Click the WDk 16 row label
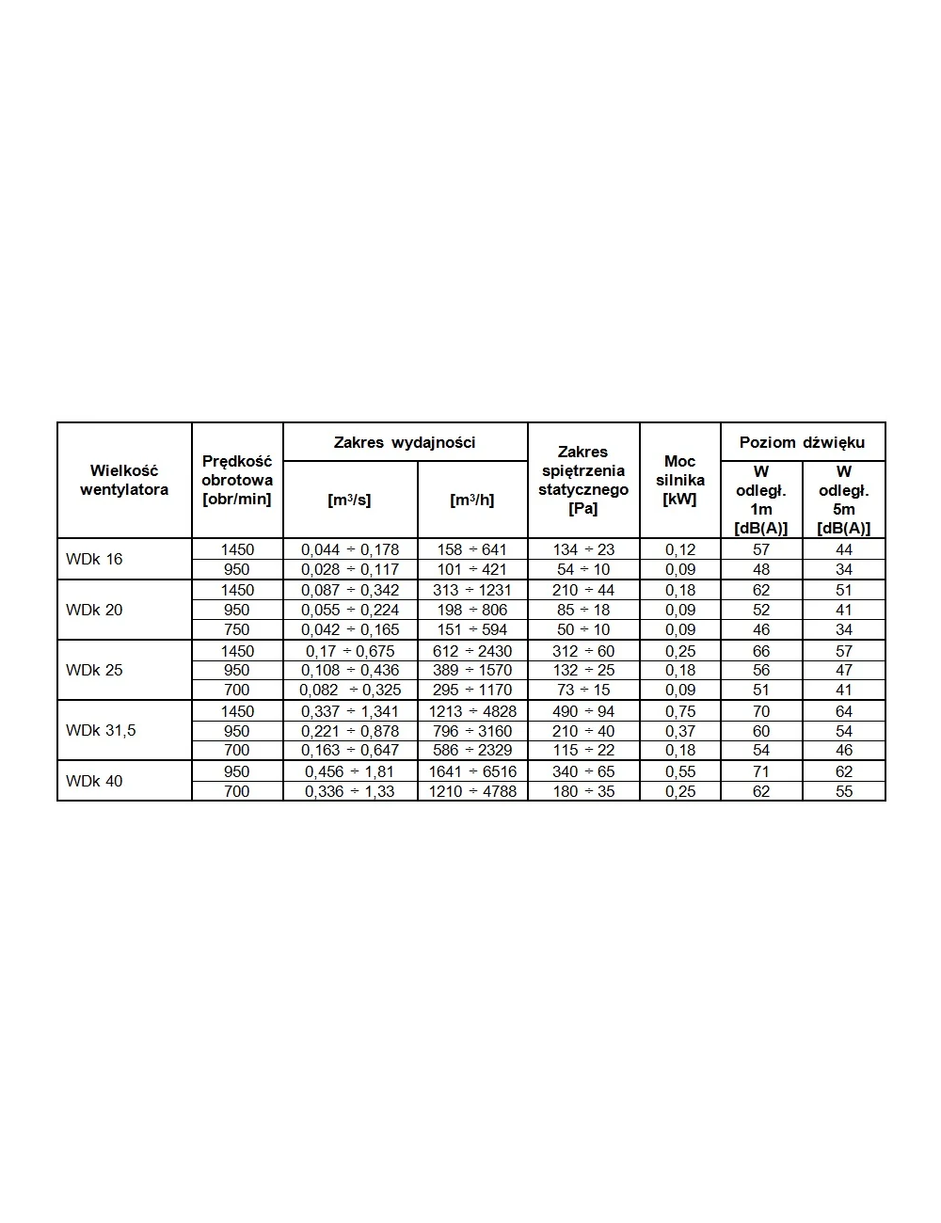(x=94, y=559)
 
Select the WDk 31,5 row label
(x=101, y=730)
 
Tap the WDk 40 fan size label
(x=94, y=781)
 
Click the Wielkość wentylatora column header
(x=124, y=480)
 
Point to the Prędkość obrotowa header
(x=237, y=480)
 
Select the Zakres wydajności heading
(x=405, y=442)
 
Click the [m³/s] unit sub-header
(x=349, y=500)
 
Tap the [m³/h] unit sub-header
(x=472, y=500)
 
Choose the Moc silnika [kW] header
(x=679, y=480)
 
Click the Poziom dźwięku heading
(x=802, y=442)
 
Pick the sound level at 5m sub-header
(x=844, y=500)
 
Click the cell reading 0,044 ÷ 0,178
(x=350, y=549)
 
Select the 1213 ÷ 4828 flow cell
(x=472, y=711)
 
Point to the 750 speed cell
(x=237, y=629)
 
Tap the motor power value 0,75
(x=680, y=711)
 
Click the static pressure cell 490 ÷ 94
(x=583, y=711)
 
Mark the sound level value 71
(x=761, y=771)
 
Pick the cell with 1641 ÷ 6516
(x=472, y=771)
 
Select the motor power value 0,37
(x=680, y=731)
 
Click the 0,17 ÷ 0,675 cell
(x=350, y=651)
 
